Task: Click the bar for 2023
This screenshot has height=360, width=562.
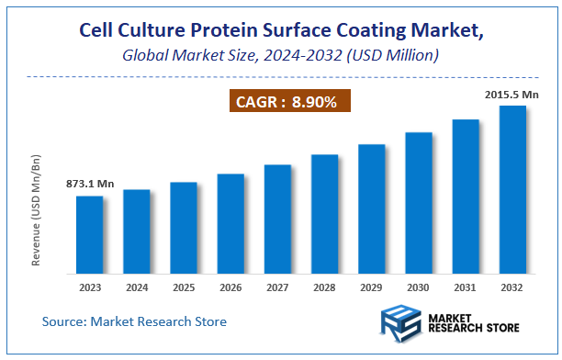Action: pos(89,234)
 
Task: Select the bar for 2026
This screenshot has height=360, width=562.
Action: pos(230,223)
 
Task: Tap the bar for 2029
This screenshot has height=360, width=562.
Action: pos(371,208)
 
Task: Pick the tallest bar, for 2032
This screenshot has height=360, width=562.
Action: pos(511,189)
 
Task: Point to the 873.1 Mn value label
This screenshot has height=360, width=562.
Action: pos(90,185)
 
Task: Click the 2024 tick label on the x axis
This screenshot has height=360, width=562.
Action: pos(136,287)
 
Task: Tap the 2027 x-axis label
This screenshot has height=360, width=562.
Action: pos(277,287)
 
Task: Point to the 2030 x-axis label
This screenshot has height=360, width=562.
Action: pos(418,287)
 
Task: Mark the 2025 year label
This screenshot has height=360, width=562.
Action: pos(184,287)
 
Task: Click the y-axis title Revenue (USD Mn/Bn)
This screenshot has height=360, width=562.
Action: pos(36,210)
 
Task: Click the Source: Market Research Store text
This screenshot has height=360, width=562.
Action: pos(134,321)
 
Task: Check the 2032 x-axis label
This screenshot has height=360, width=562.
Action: pos(511,287)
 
